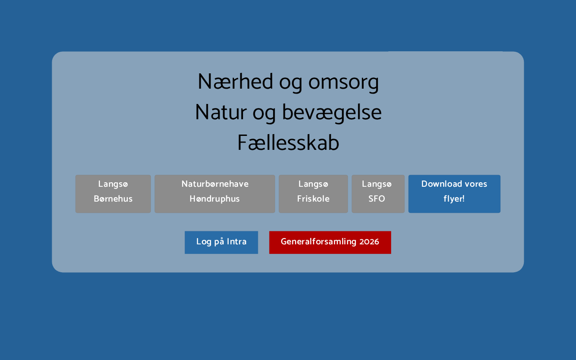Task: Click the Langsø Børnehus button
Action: point(113,194)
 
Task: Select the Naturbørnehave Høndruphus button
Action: point(215,194)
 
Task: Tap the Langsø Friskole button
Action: point(313,194)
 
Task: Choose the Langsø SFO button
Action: point(378,194)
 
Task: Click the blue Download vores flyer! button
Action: point(454,194)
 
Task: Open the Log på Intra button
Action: point(221,243)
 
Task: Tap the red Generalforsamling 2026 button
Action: point(330,243)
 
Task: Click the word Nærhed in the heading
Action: point(235,81)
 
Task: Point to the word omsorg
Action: point(343,84)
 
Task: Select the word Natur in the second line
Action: point(221,112)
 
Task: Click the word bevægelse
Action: point(332,113)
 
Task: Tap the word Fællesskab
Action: point(288,143)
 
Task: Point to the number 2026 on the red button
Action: point(369,242)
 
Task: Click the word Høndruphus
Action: point(215,199)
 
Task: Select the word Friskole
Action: point(313,198)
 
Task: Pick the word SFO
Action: point(377,198)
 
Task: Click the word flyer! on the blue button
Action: point(454,199)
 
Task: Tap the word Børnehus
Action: point(113,198)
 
